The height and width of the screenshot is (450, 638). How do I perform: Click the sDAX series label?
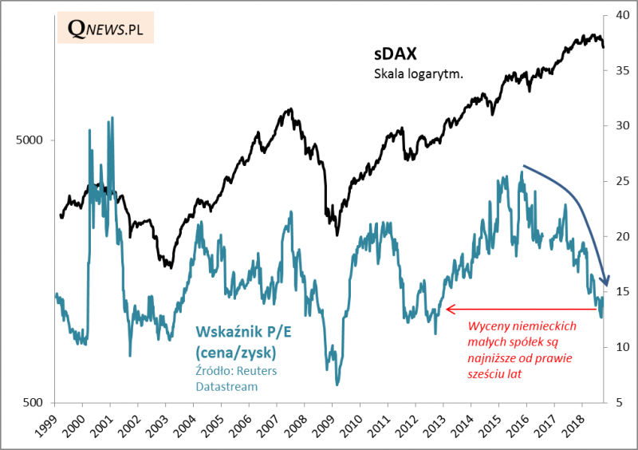click(396, 55)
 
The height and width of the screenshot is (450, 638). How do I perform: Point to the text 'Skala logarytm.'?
click(419, 74)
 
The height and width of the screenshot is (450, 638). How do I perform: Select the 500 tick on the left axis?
click(36, 403)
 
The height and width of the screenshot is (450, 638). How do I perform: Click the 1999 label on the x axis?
click(46, 425)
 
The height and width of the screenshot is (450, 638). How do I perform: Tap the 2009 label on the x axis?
click(325, 425)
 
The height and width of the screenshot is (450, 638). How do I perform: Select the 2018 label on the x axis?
click(576, 425)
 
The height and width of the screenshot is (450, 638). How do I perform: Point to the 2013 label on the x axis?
click(436, 425)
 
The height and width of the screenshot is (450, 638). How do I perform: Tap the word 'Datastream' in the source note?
click(226, 386)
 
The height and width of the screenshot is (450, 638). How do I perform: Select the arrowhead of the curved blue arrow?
click(607, 280)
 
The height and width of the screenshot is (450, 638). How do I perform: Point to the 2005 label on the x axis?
click(214, 425)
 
